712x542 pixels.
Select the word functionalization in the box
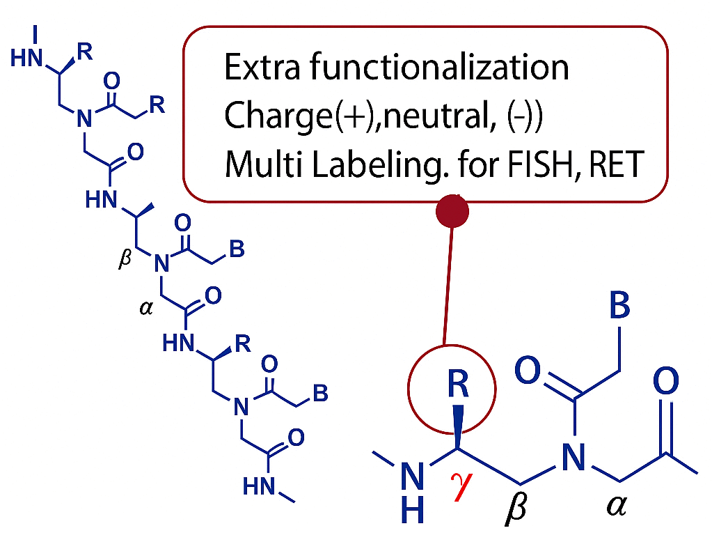439,68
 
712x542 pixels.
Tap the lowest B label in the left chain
320,394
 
